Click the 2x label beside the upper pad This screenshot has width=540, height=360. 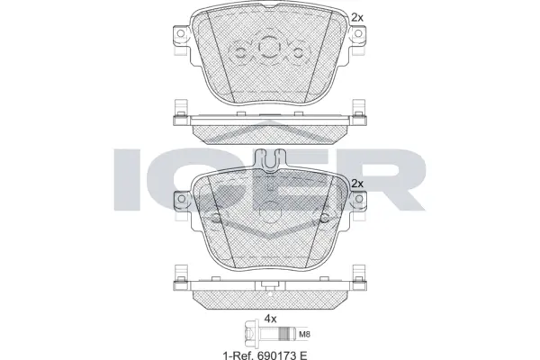click(357, 16)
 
